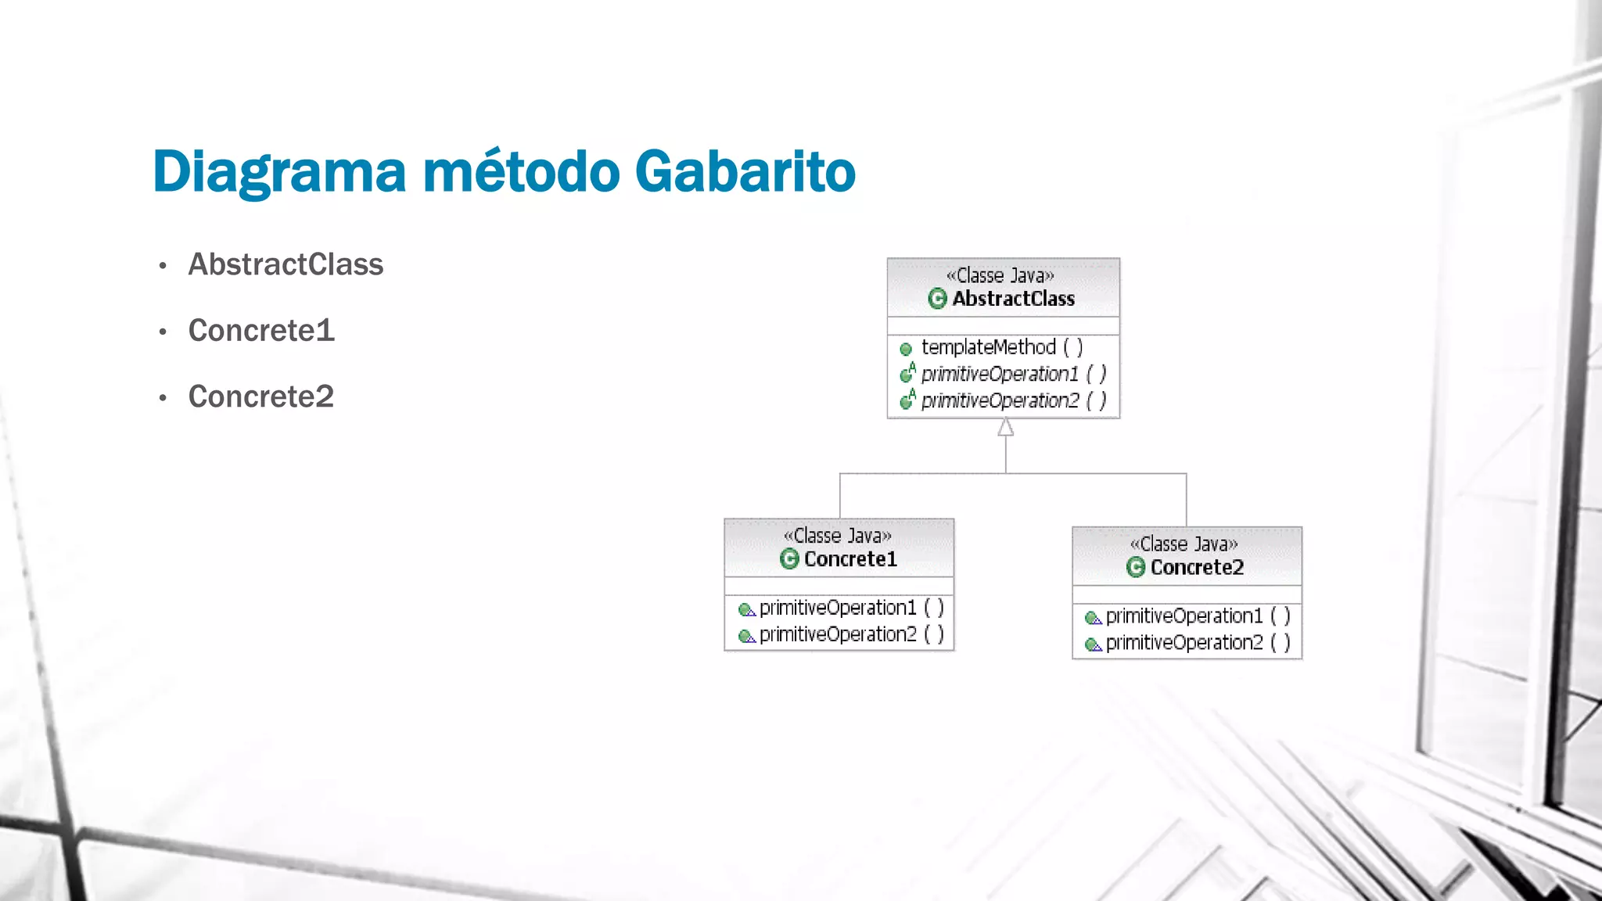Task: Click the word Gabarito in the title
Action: click(x=745, y=171)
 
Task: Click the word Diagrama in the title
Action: click(x=279, y=171)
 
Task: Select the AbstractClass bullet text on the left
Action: click(x=286, y=264)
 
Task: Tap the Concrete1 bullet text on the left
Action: click(x=261, y=330)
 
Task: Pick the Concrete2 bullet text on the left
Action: click(x=261, y=397)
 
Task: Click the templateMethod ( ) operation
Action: click(x=1001, y=347)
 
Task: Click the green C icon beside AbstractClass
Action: click(x=937, y=299)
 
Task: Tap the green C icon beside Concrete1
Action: click(x=789, y=559)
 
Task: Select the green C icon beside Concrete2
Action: click(x=1136, y=567)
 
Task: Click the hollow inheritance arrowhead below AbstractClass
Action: click(x=1006, y=427)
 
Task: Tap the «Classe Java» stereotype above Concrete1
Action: click(x=838, y=536)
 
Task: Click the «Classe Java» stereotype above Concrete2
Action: click(x=1184, y=544)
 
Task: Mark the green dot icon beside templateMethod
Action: click(x=906, y=349)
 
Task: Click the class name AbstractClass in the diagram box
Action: click(x=1013, y=299)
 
